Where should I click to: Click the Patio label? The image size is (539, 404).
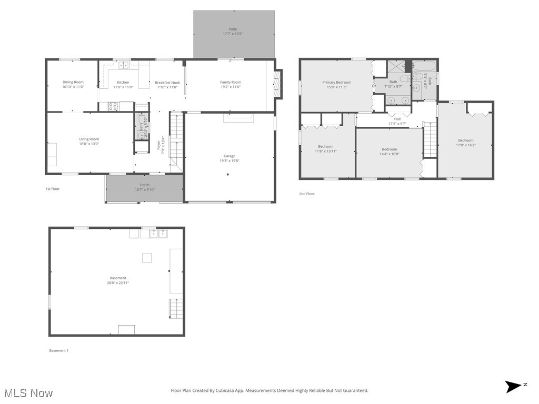(x=232, y=29)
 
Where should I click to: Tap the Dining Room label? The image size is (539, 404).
(x=73, y=82)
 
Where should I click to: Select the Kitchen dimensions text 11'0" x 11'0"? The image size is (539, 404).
(x=123, y=87)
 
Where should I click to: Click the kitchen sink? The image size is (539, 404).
(x=123, y=65)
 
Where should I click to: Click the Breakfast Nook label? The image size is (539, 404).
(x=167, y=83)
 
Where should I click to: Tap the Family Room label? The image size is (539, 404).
(x=231, y=82)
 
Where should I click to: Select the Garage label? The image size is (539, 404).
(x=229, y=156)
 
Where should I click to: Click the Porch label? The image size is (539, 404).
(x=145, y=185)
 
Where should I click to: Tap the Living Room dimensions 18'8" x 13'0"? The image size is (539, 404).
(x=89, y=144)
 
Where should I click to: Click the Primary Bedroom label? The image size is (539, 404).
(x=336, y=82)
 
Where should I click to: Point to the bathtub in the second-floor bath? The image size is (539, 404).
(x=424, y=66)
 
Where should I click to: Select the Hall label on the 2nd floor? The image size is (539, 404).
(x=397, y=119)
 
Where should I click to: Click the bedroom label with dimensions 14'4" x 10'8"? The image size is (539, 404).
(x=389, y=149)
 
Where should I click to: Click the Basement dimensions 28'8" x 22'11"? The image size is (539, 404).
(x=117, y=283)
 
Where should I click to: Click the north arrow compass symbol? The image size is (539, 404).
(x=513, y=387)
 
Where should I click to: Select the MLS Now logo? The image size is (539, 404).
(x=28, y=392)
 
